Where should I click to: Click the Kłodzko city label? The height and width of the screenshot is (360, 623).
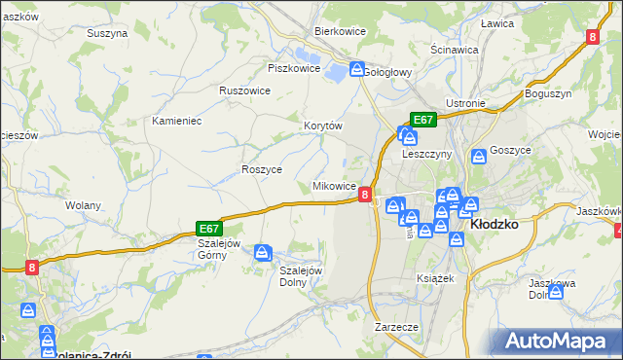click(494, 223)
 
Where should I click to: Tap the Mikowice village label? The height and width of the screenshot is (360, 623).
click(334, 186)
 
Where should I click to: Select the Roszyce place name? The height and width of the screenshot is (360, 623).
click(261, 168)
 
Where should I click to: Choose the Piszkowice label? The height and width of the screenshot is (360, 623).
click(293, 68)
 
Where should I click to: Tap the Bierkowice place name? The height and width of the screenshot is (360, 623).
click(339, 30)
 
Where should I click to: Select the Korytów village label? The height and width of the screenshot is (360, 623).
click(323, 126)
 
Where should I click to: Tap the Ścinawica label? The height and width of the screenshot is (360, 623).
click(454, 49)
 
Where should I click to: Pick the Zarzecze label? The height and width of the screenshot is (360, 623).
click(396, 327)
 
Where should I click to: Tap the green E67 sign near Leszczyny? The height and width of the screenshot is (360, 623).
click(422, 119)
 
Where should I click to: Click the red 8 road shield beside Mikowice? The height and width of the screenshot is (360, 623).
click(364, 195)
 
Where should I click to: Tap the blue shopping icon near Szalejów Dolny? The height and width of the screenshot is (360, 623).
click(263, 253)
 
